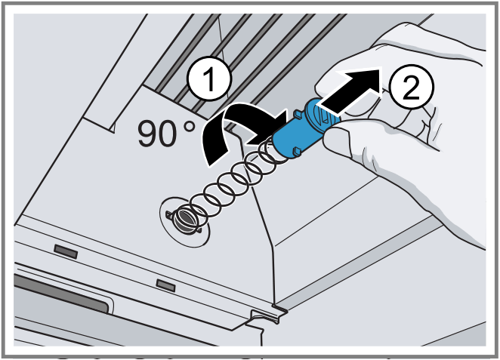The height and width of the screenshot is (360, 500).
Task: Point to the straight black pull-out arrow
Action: (347, 89)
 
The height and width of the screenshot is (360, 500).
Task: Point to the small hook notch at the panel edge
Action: (265, 312)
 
